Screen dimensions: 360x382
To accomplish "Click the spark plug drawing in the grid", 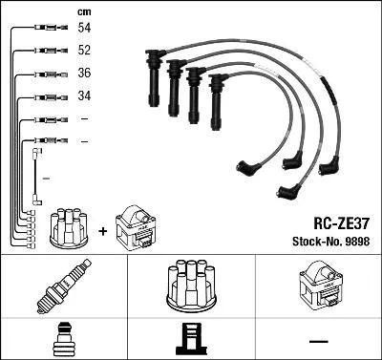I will tap(64, 286).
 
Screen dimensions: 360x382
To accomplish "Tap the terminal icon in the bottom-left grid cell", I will tap(63, 340).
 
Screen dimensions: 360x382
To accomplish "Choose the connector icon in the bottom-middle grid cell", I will tap(191, 340).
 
